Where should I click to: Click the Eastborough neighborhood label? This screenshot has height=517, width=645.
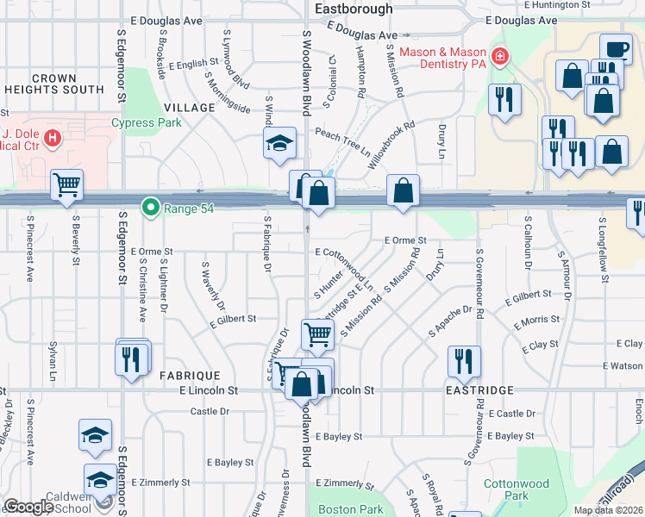click(354, 9)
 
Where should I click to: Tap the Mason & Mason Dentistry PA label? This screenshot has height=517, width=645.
click(443, 58)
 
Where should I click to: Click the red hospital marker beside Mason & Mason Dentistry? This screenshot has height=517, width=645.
click(499, 58)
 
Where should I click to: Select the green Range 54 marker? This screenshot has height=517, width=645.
click(151, 208)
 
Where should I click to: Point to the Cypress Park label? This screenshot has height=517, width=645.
click(146, 122)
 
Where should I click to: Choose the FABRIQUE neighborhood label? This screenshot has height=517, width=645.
click(190, 376)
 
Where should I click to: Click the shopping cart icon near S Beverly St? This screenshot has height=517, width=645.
click(66, 184)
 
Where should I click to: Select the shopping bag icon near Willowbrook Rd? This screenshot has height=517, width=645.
click(403, 190)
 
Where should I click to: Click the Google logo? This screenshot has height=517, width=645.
click(28, 507)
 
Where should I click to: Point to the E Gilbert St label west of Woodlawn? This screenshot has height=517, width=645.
click(233, 319)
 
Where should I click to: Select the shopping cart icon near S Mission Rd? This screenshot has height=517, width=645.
click(317, 333)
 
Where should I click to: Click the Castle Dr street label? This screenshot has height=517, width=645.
click(210, 411)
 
